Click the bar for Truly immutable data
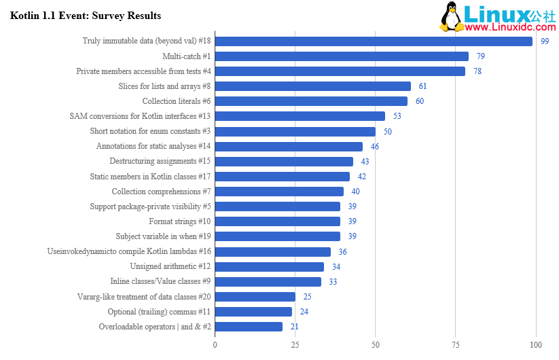(x=374, y=41)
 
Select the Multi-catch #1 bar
(x=342, y=56)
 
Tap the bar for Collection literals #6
(x=311, y=101)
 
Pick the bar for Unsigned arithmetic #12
(x=270, y=267)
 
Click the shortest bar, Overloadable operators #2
(x=249, y=327)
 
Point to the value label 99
(x=545, y=41)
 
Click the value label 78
(x=477, y=71)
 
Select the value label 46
(x=374, y=147)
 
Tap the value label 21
(x=294, y=327)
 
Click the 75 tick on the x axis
(x=456, y=345)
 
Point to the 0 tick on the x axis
(x=215, y=345)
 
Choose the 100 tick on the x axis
(x=536, y=345)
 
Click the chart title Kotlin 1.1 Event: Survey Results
(x=86, y=16)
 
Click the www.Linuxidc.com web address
(x=510, y=27)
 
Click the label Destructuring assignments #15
(x=160, y=162)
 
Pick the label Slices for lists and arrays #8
(x=164, y=86)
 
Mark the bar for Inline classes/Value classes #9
(x=268, y=282)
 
